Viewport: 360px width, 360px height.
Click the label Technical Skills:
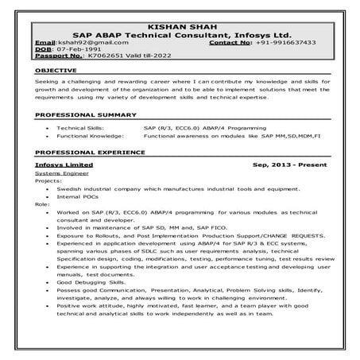pyautogui.click(x=83, y=127)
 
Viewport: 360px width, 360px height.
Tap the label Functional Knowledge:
pyautogui.click(x=91, y=136)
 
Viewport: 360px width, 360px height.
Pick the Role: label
pyautogui.click(x=42, y=205)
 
